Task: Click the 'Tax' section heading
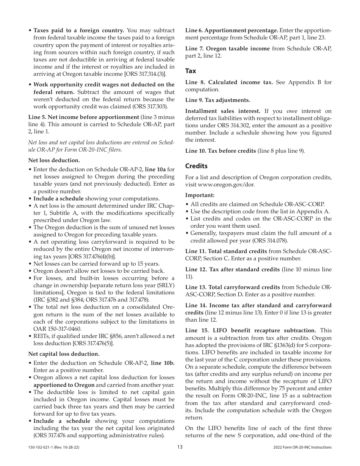pos(191,71)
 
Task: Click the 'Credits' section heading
pos(196,166)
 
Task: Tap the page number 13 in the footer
pos(180,447)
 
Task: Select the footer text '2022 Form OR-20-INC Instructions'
pos(302,447)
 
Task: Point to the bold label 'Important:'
pos(200,195)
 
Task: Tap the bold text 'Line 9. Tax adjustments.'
pos(218,100)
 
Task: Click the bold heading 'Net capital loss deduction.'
pos(64,354)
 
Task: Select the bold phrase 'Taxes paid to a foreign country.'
pos(79,30)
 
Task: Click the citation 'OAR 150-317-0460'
pos(57,329)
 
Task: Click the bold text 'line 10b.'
pos(163,363)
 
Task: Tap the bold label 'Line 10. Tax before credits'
pos(221,151)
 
